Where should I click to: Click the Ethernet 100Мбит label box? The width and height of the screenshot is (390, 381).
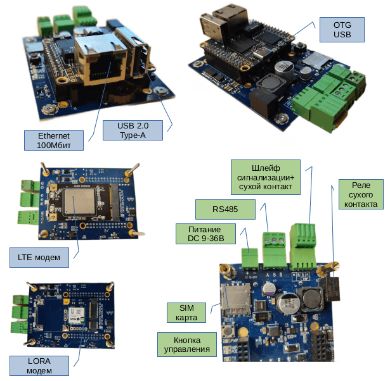tap(53, 140)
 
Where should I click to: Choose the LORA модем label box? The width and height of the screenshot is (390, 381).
tap(39, 365)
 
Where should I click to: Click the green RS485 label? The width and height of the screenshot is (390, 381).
tap(224, 209)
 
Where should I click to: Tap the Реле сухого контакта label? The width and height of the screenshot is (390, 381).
tap(359, 194)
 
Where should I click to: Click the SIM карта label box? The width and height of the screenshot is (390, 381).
tap(186, 312)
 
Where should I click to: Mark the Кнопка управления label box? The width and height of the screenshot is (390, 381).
tap(187, 344)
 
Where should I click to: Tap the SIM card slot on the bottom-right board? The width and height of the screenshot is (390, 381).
tap(235, 297)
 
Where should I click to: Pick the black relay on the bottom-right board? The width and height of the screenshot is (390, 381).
tap(333, 290)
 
